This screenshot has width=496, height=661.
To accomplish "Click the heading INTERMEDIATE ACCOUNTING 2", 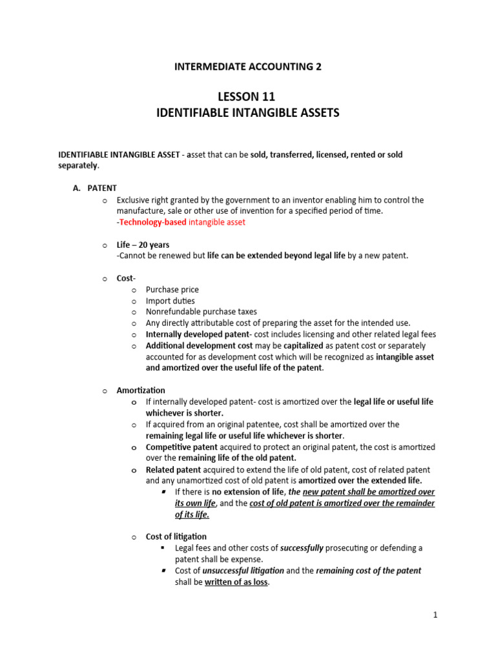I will coord(247,66).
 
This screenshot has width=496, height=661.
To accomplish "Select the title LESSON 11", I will coord(247,97).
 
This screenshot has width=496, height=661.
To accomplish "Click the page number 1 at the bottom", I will coord(435,615).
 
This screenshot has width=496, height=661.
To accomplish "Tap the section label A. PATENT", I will coord(94,188).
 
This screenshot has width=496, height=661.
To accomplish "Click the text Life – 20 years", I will coord(143,245).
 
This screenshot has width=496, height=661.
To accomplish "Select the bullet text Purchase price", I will coord(172,290).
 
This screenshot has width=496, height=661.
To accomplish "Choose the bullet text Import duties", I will coord(170,301).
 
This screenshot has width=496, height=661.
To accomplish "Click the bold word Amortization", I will coord(141,391).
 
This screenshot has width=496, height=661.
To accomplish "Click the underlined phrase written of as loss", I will coord(236,582).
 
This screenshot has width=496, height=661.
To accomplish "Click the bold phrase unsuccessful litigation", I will coord(242,571).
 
